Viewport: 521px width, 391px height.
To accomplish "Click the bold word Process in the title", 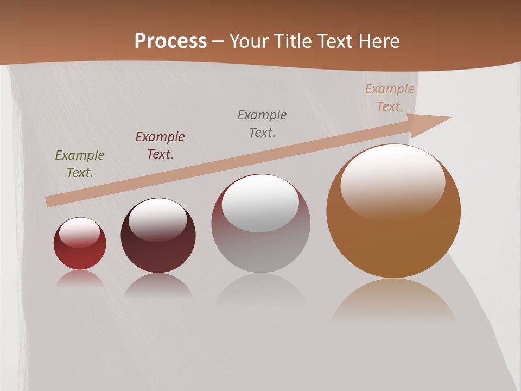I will click(x=170, y=41).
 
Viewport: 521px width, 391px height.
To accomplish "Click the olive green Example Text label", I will click(x=80, y=164).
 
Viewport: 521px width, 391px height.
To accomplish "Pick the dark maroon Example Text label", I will click(x=160, y=146).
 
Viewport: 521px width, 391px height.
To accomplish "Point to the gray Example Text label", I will click(x=262, y=124).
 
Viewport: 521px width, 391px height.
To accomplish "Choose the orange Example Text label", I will click(x=390, y=98).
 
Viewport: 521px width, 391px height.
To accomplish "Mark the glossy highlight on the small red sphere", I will click(x=80, y=232).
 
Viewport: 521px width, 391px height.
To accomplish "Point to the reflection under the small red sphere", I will click(x=80, y=279).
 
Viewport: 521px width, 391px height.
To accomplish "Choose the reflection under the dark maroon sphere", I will click(x=158, y=286).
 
